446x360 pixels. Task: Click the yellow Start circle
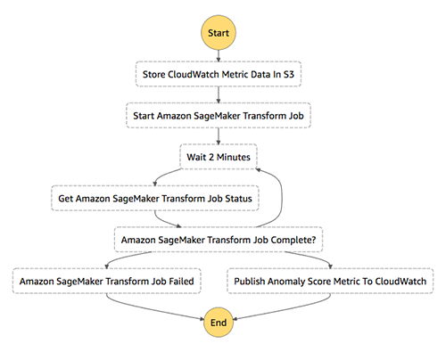[x=219, y=33]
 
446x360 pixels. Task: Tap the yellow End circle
[x=219, y=323]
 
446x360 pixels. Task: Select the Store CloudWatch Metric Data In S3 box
[x=219, y=74]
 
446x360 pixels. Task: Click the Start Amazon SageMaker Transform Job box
[x=219, y=116]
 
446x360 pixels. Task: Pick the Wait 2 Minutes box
[x=219, y=157]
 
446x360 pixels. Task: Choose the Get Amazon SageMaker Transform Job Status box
[x=155, y=198]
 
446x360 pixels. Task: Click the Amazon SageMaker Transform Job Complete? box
[x=219, y=240]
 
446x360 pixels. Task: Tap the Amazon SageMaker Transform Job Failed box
[x=106, y=281]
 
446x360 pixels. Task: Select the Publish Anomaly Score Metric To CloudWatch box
[x=330, y=281]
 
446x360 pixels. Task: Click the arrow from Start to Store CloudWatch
[x=219, y=56]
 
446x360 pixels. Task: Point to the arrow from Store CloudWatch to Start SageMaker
[x=219, y=94]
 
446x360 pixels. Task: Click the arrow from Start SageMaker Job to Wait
[x=219, y=136]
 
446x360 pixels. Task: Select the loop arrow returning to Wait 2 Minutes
[x=282, y=198]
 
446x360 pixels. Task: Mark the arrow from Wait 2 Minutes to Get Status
[x=163, y=176]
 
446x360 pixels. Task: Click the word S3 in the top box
[x=288, y=74]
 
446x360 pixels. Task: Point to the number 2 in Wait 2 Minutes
[x=211, y=157]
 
